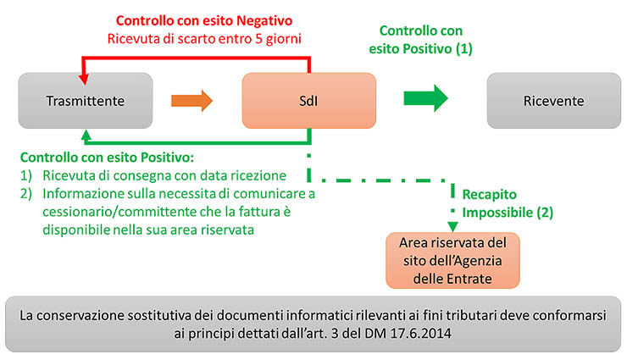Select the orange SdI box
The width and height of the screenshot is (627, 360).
pos(308,100)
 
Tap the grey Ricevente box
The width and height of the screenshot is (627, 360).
pos(554,100)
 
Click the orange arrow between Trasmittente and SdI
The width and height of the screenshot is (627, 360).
pos(191,100)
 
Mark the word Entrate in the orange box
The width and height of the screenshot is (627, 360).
pos(474,278)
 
